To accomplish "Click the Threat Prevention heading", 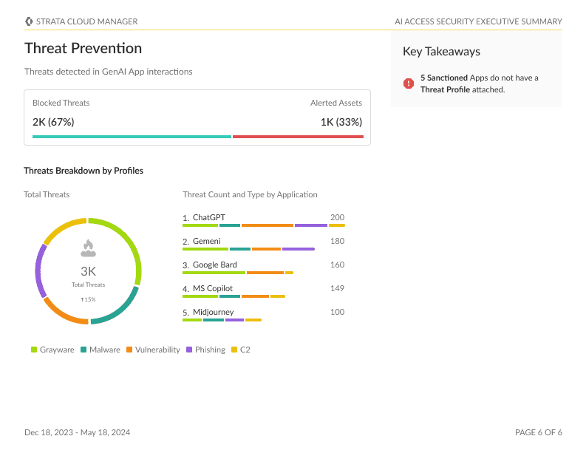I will pos(83,49).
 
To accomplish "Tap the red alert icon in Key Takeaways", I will pos(409,84).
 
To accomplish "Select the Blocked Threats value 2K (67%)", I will pos(53,122).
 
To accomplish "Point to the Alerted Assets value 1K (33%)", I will pos(341,122).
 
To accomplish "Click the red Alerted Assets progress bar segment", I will pos(298,137).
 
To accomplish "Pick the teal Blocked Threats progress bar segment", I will pos(132,137).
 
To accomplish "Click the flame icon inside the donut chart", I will pos(88,248).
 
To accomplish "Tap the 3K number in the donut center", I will pos(88,271).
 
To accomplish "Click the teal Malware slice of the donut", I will pos(118,310).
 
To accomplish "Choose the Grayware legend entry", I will pos(52,350).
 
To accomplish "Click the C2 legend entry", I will pos(241,350).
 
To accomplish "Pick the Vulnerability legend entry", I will pos(153,350).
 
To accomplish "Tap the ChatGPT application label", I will pos(209,218).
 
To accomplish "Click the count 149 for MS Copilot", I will pos(337,288).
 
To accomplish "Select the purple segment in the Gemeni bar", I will pos(298,249).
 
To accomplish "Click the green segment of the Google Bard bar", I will pos(214,273).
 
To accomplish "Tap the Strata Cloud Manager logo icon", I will pos(29,21).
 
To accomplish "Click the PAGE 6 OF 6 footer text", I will pos(538,432).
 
